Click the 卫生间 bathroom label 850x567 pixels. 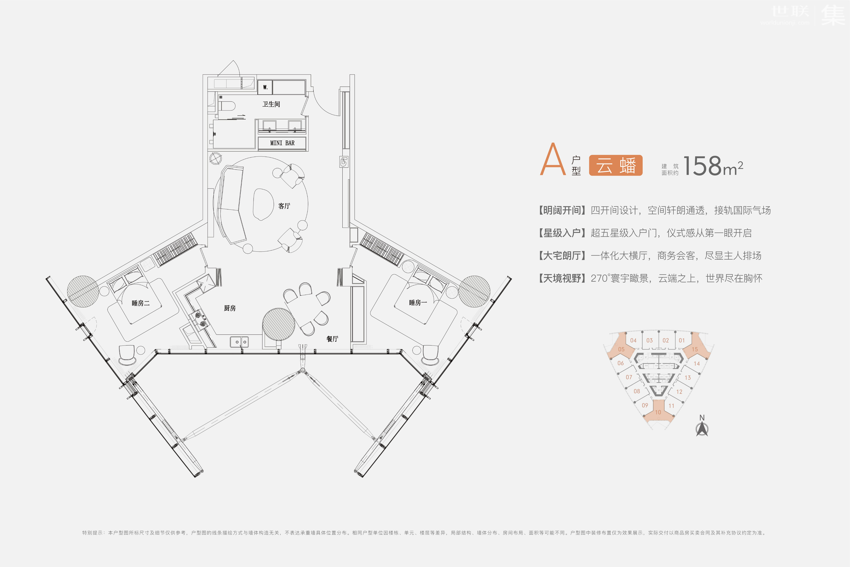(271, 104)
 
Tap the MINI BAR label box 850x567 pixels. (282, 143)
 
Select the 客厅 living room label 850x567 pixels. (284, 206)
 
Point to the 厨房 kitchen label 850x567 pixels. (230, 308)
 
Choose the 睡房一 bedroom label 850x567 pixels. (418, 303)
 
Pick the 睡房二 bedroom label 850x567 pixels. (140, 303)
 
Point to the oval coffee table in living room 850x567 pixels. (263, 204)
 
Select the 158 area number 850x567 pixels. (702, 166)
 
